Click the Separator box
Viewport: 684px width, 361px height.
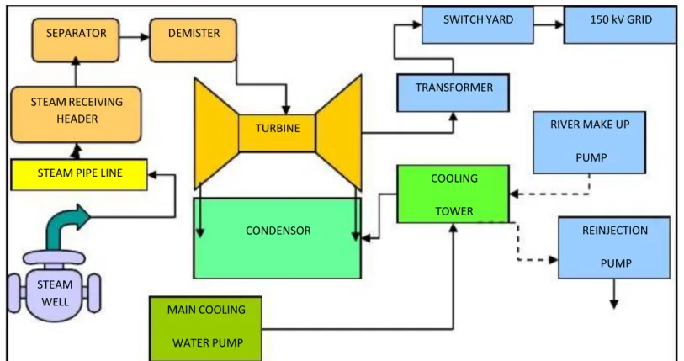[76, 40]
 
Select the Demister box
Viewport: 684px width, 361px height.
[194, 40]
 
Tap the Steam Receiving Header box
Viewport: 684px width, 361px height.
[76, 114]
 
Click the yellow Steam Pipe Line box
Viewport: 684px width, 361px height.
[79, 174]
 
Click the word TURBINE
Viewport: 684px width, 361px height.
[278, 129]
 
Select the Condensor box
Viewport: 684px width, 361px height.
[278, 238]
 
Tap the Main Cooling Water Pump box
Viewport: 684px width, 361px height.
[205, 328]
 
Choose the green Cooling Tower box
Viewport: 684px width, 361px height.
[453, 194]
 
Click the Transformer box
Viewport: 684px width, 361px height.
[453, 93]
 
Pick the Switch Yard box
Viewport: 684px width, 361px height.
[478, 25]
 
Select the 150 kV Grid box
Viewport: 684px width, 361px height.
[620, 25]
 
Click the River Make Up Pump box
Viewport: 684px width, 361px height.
[589, 142]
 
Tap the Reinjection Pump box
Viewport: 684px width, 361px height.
[614, 247]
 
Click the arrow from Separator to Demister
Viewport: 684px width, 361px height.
[135, 37]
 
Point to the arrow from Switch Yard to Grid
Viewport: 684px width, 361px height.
[549, 25]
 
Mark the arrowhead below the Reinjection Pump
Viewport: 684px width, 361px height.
[614, 304]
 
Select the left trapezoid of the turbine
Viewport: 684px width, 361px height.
[217, 133]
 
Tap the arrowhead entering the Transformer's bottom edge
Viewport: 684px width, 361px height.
[453, 117]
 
